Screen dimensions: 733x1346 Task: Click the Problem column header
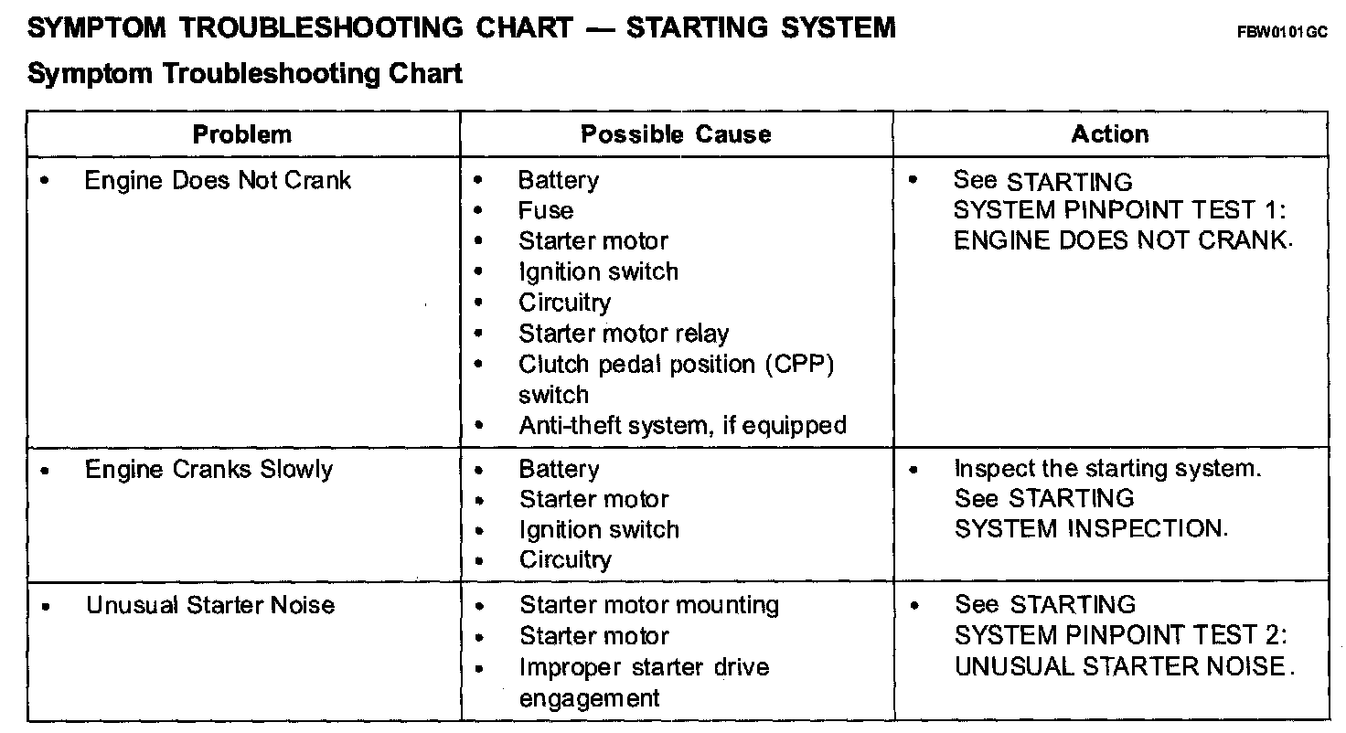[x=242, y=134]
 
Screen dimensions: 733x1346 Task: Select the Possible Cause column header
[x=676, y=134]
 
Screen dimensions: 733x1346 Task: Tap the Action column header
[x=1110, y=134]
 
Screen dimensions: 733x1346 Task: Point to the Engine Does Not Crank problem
[x=218, y=180]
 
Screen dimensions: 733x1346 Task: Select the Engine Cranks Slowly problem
[x=208, y=470]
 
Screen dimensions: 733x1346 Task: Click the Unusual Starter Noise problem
[x=210, y=605]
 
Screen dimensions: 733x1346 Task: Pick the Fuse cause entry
[x=546, y=211]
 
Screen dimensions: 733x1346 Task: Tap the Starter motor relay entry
[x=624, y=334]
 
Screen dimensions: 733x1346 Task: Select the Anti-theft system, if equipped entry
[x=682, y=426]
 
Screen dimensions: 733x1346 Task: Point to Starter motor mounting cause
[x=649, y=605]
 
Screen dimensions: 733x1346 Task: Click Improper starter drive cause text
[x=644, y=667]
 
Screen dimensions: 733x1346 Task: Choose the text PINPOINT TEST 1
[x=1175, y=211]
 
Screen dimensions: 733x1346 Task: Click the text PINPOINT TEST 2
[x=1175, y=635]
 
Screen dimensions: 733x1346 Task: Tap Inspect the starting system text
[x=1107, y=469]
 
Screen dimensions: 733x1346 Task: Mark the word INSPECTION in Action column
[x=1148, y=529]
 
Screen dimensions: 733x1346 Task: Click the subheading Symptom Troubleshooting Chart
[x=245, y=73]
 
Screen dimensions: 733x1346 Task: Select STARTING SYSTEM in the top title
[x=761, y=27]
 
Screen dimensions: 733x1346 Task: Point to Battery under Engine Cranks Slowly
[x=559, y=470]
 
